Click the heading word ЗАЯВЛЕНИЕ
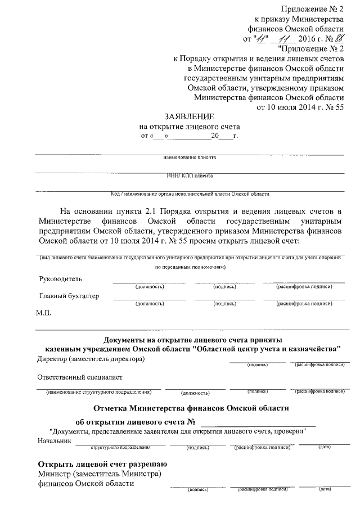pyautogui.click(x=188, y=116)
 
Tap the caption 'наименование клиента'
pyautogui.click(x=190, y=157)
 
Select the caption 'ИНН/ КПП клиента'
pyautogui.click(x=190, y=175)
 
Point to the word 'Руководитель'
pyautogui.click(x=60, y=279)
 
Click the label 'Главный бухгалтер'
pyautogui.click(x=69, y=296)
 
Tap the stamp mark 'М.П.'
pyautogui.click(x=44, y=313)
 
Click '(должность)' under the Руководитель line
pyautogui.click(x=150, y=287)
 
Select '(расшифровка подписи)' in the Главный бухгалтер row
pyautogui.click(x=304, y=304)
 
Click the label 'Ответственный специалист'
pyautogui.click(x=80, y=377)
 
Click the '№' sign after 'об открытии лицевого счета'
pyautogui.click(x=191, y=422)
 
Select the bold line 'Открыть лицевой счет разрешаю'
pyautogui.click(x=102, y=464)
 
